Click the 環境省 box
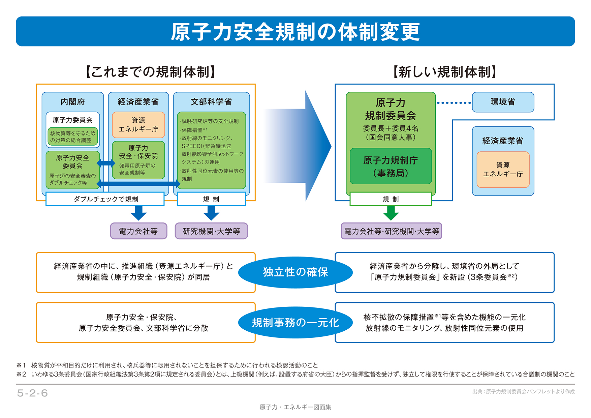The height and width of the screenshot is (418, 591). (x=503, y=102)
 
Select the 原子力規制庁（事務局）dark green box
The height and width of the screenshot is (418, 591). (x=391, y=166)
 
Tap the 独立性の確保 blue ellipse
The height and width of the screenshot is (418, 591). (x=295, y=272)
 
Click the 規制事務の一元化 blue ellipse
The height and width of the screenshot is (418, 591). (x=295, y=323)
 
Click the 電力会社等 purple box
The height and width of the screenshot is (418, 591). (x=138, y=231)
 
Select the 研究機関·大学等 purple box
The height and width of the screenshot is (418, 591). (x=211, y=231)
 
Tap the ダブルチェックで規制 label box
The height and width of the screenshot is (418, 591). (x=105, y=199)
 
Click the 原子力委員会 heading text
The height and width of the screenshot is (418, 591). (x=72, y=120)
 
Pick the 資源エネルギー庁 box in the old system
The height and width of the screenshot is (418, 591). (x=138, y=125)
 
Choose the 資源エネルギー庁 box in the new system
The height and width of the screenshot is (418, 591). (x=503, y=169)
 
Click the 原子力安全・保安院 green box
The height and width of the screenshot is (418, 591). (x=138, y=160)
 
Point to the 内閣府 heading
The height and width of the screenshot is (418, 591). (x=72, y=101)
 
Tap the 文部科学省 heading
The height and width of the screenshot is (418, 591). (x=211, y=101)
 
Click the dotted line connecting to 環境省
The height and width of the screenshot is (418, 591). (x=454, y=102)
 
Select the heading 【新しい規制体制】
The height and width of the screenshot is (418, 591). (x=444, y=72)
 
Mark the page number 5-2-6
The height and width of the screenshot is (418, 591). (x=32, y=393)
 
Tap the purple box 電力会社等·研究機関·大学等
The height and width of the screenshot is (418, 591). (x=391, y=231)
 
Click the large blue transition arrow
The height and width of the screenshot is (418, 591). (x=300, y=146)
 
